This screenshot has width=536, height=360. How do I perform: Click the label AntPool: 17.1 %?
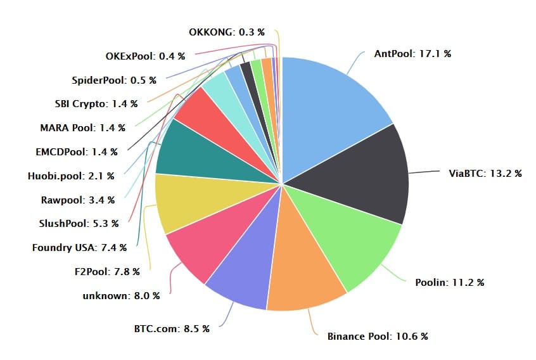(412, 54)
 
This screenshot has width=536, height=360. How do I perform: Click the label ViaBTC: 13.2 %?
(485, 173)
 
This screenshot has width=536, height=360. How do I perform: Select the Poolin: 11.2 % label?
(450, 282)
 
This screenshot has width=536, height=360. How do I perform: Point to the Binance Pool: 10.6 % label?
(377, 336)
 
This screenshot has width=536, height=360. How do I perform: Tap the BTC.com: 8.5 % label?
(171, 328)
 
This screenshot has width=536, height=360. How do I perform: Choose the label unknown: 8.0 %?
(121, 295)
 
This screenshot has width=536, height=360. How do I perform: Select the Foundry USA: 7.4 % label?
(79, 247)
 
